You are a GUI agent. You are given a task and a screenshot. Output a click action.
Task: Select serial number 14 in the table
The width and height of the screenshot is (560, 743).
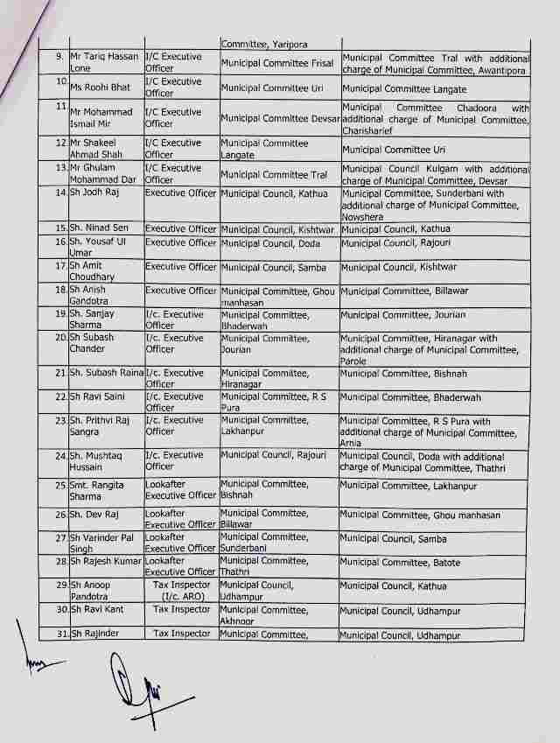(x=62, y=193)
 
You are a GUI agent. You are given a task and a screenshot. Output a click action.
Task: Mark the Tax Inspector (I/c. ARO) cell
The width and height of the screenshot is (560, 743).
(x=181, y=591)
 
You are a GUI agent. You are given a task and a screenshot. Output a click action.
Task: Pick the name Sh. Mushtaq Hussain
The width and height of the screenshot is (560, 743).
(x=97, y=461)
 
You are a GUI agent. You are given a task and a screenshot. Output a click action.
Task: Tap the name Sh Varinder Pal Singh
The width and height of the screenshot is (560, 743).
(x=100, y=543)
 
